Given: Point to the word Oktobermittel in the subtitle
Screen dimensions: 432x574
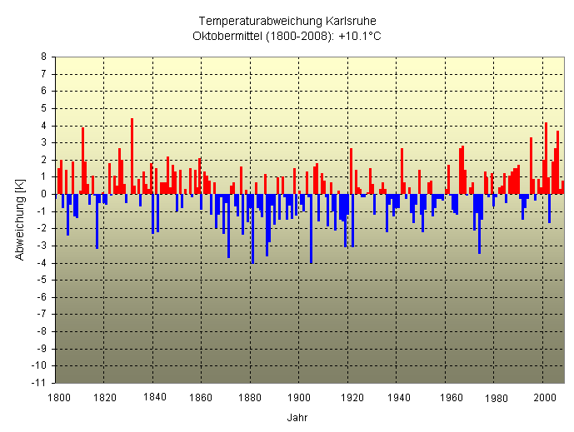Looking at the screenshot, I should point(227,36).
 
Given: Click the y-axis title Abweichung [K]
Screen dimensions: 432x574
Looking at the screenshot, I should point(20,220).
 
